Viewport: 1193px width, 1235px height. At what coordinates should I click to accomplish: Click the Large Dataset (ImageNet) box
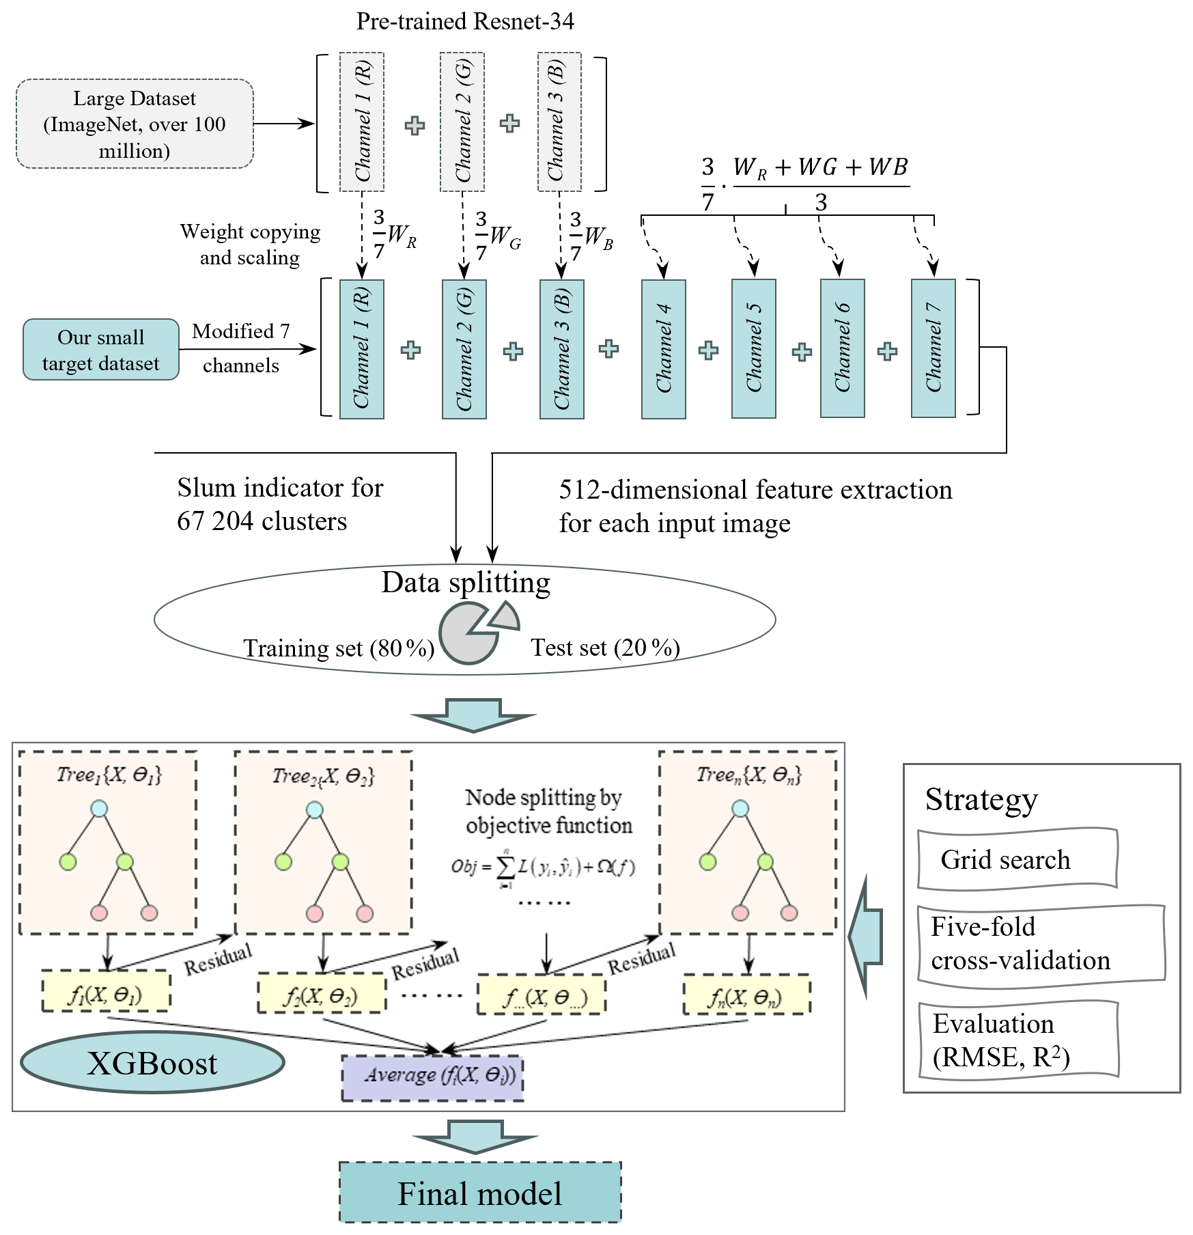[x=135, y=124]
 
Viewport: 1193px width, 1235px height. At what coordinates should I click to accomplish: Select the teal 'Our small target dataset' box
[x=101, y=349]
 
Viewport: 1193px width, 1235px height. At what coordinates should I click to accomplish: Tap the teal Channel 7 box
[x=933, y=348]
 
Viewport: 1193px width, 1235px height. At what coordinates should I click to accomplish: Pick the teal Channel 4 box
[x=663, y=348]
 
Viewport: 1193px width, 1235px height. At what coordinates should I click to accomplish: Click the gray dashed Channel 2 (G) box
[x=462, y=122]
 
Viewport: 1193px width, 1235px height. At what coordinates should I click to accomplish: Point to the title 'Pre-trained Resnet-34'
[x=465, y=21]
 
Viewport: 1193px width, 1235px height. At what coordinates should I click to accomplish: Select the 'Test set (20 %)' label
[x=605, y=648]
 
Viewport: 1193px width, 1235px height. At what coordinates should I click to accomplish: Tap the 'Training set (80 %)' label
[x=339, y=648]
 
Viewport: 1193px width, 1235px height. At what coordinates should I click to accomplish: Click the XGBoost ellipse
[x=152, y=1063]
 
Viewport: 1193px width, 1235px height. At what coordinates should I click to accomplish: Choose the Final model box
[x=480, y=1193]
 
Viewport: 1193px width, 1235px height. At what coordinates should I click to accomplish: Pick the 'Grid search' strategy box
[x=1017, y=859]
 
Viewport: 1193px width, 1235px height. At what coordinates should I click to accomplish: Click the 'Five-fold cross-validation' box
[x=1041, y=945]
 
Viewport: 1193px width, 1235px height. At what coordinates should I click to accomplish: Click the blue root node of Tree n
[x=740, y=809]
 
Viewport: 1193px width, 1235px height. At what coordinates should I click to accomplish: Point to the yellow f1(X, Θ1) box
[x=106, y=991]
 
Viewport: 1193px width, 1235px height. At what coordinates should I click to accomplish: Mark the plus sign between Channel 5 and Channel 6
[x=802, y=352]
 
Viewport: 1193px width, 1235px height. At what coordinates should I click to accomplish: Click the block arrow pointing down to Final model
[x=475, y=1137]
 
